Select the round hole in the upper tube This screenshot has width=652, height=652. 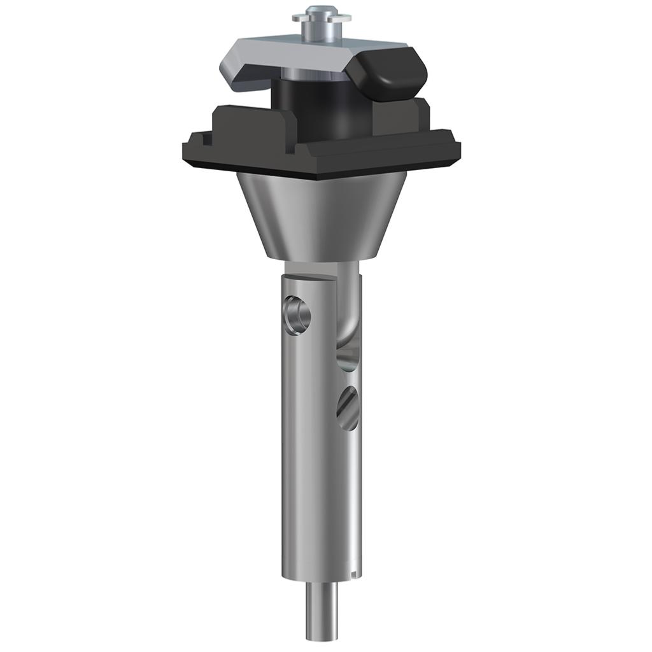click(x=297, y=315)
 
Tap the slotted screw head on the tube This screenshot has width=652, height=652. click(x=348, y=407)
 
